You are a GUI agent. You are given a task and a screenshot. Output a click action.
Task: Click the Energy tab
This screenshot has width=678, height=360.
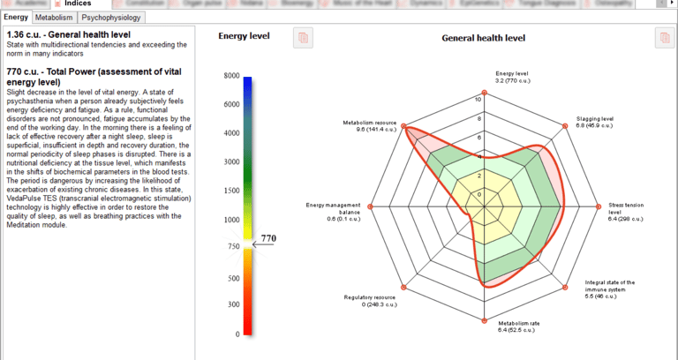(x=16, y=17)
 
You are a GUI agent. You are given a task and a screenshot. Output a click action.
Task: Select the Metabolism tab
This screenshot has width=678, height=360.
(x=54, y=17)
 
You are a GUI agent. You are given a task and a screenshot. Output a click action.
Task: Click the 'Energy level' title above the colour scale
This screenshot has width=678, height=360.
(x=244, y=36)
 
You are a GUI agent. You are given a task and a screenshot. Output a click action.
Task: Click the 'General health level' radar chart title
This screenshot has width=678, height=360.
(x=483, y=38)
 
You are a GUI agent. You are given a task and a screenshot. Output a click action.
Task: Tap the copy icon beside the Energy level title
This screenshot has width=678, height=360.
(x=304, y=37)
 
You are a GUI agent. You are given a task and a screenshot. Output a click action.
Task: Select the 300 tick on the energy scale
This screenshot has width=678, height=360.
(x=231, y=305)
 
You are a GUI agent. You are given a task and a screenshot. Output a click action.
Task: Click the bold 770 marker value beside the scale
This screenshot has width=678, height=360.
(x=267, y=238)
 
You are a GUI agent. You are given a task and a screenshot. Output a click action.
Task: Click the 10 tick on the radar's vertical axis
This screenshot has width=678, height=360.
(x=478, y=99)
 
